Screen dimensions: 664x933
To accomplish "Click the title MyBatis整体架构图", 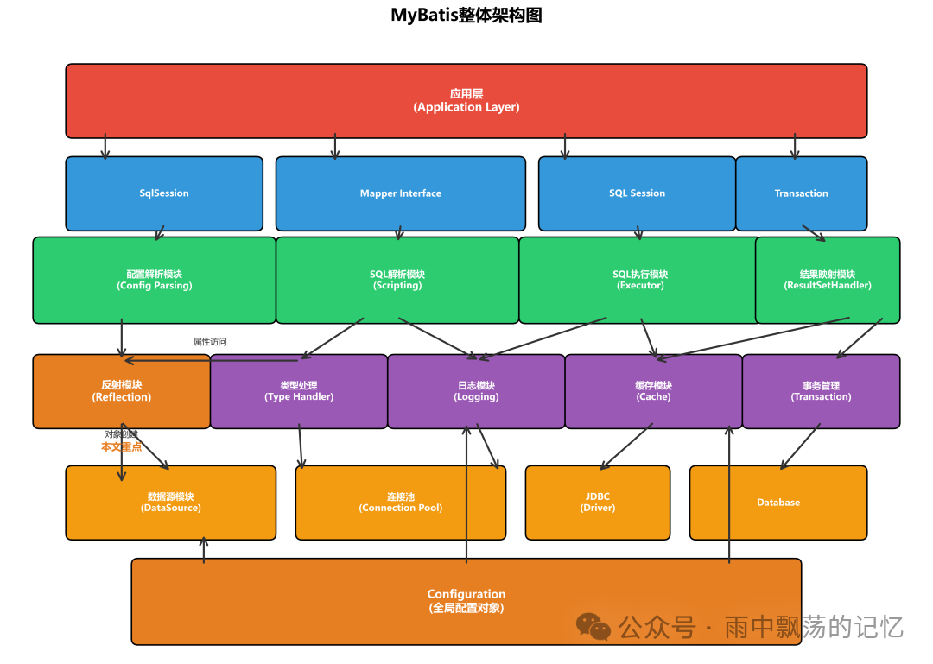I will [x=466, y=16].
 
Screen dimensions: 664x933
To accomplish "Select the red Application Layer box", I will [x=466, y=100].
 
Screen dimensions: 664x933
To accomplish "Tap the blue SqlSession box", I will [x=164, y=193].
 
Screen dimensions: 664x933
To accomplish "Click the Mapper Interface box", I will [x=400, y=193].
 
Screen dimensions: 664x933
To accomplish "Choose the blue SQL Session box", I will [x=637, y=193].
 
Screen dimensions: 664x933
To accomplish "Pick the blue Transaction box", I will [x=801, y=193].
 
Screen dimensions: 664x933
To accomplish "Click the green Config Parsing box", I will [x=154, y=280].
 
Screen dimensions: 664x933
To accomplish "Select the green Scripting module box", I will [x=397, y=280].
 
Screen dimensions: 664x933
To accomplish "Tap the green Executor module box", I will [x=639, y=280].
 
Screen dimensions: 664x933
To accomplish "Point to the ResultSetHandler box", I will [x=828, y=280].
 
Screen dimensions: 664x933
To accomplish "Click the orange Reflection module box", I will [x=121, y=391].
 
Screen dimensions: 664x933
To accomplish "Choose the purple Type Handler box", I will [x=299, y=391].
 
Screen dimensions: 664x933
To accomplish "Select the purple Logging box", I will [x=476, y=391].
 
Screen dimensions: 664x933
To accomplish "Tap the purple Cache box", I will [x=653, y=391].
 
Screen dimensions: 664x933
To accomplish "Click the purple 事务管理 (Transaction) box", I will [x=821, y=391].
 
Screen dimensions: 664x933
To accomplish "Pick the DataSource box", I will [x=171, y=503].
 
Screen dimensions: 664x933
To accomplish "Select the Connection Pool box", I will [x=400, y=503].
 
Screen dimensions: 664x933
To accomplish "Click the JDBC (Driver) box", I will [x=598, y=503].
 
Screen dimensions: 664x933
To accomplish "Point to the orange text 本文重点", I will [x=121, y=447].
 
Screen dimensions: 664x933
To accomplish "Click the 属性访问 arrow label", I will [x=210, y=342].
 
